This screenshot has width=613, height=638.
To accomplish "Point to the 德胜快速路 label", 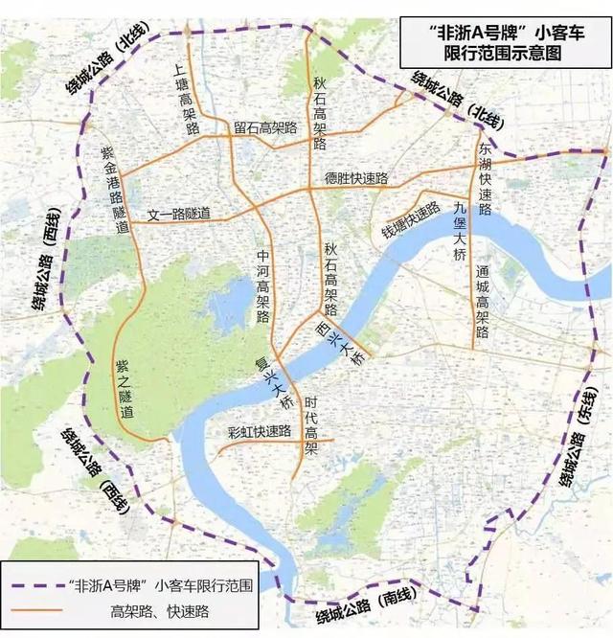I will (356, 178).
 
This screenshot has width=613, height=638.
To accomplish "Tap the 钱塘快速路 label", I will (411, 220).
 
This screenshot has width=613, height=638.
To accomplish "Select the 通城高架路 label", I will (482, 301).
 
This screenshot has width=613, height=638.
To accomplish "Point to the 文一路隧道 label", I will (178, 214).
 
